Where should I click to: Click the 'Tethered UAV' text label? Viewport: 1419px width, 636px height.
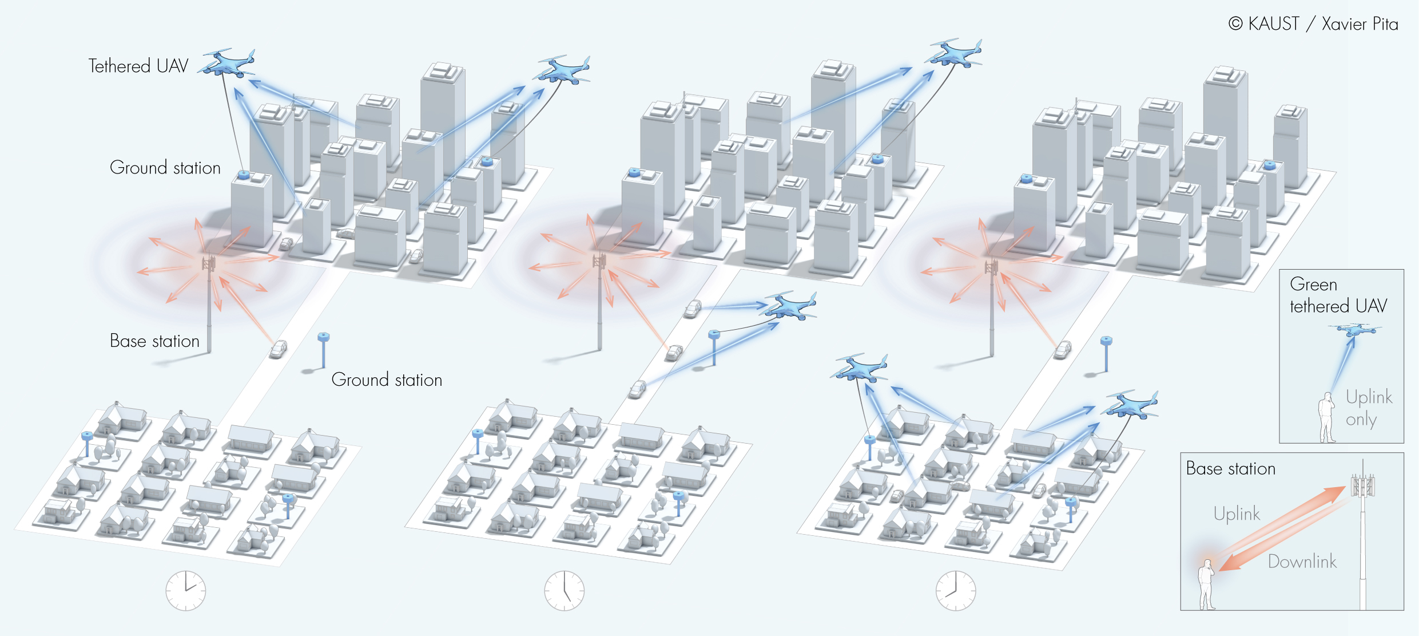point(138,66)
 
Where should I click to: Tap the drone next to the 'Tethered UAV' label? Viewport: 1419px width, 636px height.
point(228,62)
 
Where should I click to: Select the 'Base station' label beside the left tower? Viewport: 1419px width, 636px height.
point(154,341)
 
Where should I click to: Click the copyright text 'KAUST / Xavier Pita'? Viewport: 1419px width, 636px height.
point(1313,24)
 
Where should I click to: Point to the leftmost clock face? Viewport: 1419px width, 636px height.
point(186,590)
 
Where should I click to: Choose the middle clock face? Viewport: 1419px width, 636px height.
point(565,590)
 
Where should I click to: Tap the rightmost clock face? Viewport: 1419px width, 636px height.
point(956,590)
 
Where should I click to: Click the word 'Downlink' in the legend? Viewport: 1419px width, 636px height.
point(1302,562)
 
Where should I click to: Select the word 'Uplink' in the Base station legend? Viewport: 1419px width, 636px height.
point(1237,513)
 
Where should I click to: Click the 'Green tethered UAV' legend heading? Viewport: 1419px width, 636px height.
point(1338,295)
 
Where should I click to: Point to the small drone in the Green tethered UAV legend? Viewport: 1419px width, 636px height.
point(1355,330)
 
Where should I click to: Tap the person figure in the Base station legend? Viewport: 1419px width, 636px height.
point(1206,584)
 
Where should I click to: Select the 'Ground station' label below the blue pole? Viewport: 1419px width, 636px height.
point(387,380)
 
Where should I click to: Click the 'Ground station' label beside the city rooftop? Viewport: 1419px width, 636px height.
point(165,168)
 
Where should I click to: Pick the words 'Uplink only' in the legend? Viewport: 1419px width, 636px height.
point(1368,408)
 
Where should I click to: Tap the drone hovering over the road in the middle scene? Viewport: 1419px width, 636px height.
point(791,306)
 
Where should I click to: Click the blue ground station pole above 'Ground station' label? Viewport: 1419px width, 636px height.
point(323,349)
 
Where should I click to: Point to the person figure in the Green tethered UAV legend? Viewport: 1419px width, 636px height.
point(1327,417)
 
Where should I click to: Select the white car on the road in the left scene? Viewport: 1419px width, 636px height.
point(278,349)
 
